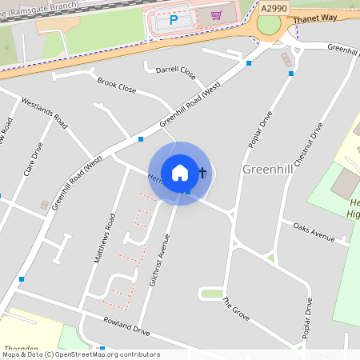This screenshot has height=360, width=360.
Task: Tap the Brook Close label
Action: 116,83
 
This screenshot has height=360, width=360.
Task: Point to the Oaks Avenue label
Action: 313,230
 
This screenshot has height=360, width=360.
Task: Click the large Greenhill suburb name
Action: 269,171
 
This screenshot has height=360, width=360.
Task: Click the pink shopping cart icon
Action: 216,14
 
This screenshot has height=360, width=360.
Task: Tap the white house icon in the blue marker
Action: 180,172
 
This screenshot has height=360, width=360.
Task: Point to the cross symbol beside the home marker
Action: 202,172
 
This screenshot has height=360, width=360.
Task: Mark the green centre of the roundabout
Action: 270,26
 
